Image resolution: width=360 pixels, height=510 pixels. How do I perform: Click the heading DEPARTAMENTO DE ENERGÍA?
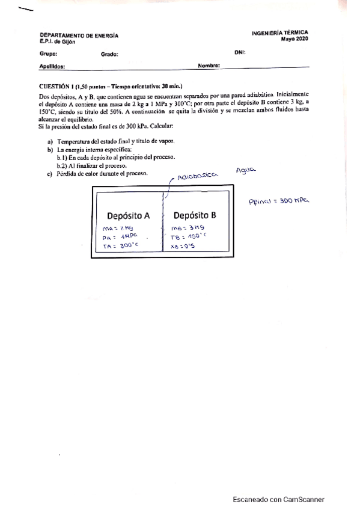(x=79, y=36)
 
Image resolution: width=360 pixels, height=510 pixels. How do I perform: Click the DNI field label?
(x=240, y=52)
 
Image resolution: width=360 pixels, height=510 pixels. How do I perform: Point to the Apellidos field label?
(x=52, y=67)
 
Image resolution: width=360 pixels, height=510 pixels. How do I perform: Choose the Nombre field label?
(x=209, y=65)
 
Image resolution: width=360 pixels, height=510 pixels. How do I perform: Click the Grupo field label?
(x=48, y=54)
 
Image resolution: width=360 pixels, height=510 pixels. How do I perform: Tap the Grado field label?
(x=110, y=54)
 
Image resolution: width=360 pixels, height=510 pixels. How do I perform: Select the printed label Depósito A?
(x=128, y=215)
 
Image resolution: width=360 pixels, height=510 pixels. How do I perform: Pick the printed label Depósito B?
(x=195, y=215)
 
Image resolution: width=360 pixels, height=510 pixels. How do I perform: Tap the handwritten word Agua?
(x=246, y=170)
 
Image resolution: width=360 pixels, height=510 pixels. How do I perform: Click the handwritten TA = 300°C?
(x=117, y=246)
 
